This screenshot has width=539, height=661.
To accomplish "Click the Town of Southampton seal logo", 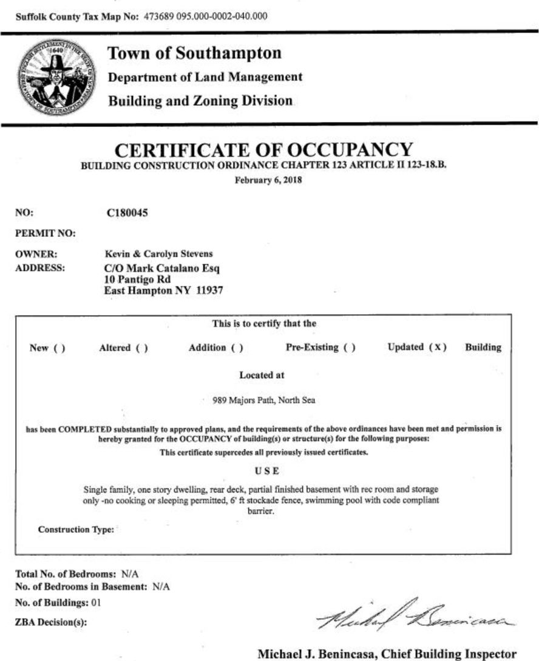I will (56, 78).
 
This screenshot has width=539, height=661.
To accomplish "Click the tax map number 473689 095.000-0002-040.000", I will (205, 16).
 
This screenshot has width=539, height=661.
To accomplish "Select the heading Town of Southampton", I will (194, 53).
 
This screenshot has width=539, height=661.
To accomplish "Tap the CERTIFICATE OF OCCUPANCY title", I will (264, 149).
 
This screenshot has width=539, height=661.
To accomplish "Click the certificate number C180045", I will (127, 213).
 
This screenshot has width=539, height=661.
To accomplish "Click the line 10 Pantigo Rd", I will (138, 279).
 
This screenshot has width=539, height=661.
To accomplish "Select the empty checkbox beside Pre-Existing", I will (349, 348).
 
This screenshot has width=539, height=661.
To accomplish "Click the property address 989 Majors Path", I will (244, 400).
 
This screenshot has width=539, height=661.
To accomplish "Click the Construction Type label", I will (76, 530).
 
